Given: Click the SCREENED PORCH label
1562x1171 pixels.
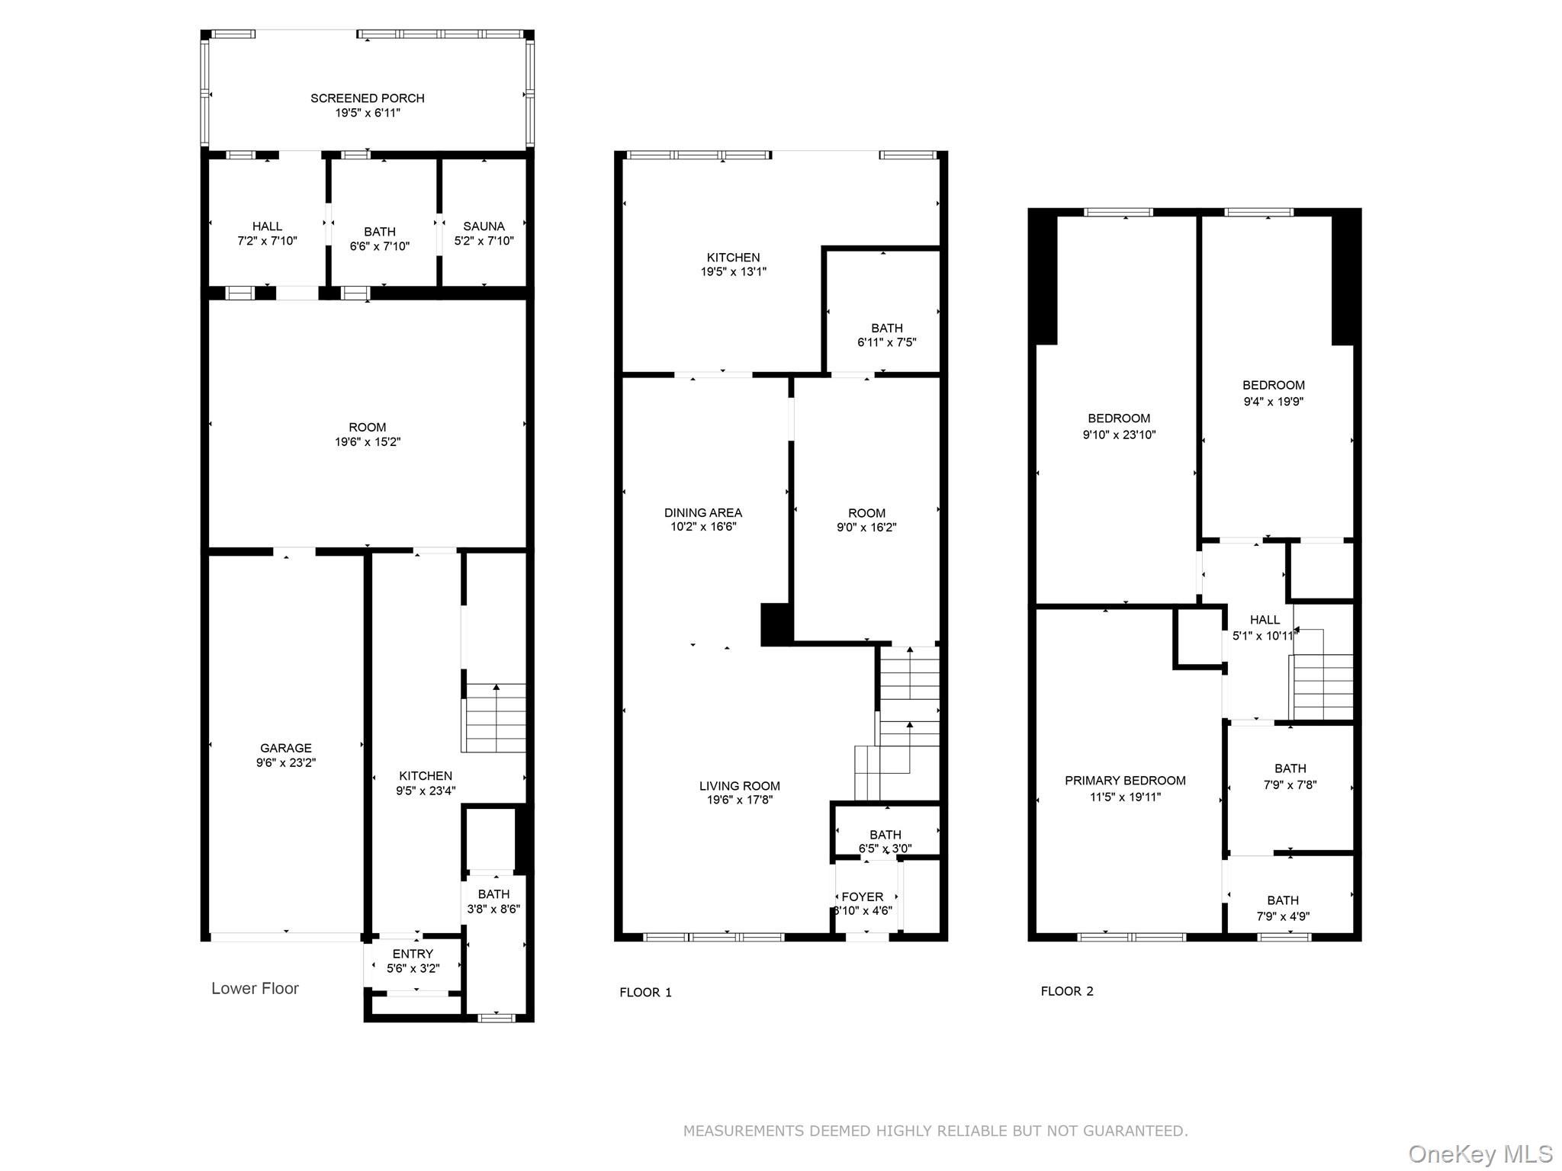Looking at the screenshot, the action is (x=367, y=98).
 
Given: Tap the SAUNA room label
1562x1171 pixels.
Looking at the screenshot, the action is (x=484, y=226).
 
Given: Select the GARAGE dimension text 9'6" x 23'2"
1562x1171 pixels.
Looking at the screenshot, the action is (x=286, y=762).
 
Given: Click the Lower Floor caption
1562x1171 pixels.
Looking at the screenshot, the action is (x=255, y=988).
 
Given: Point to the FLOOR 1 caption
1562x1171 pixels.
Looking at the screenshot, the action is (x=645, y=992).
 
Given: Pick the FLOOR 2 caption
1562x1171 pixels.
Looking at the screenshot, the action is (x=1066, y=991).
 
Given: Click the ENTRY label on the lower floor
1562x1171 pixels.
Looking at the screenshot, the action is (x=413, y=954).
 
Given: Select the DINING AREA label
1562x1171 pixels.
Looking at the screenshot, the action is (x=702, y=513).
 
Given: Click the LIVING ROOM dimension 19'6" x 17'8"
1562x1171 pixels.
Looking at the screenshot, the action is (x=739, y=800).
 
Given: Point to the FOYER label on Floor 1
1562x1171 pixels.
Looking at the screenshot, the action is (x=863, y=897).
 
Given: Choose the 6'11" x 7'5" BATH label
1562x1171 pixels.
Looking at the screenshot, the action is (x=886, y=329).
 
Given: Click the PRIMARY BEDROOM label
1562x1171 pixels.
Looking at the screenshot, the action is (x=1125, y=781).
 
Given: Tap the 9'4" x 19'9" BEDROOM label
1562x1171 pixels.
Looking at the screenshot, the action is (x=1273, y=386).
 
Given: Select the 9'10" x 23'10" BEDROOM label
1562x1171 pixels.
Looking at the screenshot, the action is (x=1119, y=419).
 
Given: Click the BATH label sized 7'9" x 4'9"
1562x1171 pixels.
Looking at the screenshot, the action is (x=1283, y=901).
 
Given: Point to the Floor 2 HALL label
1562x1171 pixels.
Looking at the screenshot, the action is (x=1265, y=620).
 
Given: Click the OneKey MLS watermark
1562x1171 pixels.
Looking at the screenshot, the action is (x=1480, y=1153).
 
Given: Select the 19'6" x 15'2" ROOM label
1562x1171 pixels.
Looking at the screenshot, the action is (x=367, y=428).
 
